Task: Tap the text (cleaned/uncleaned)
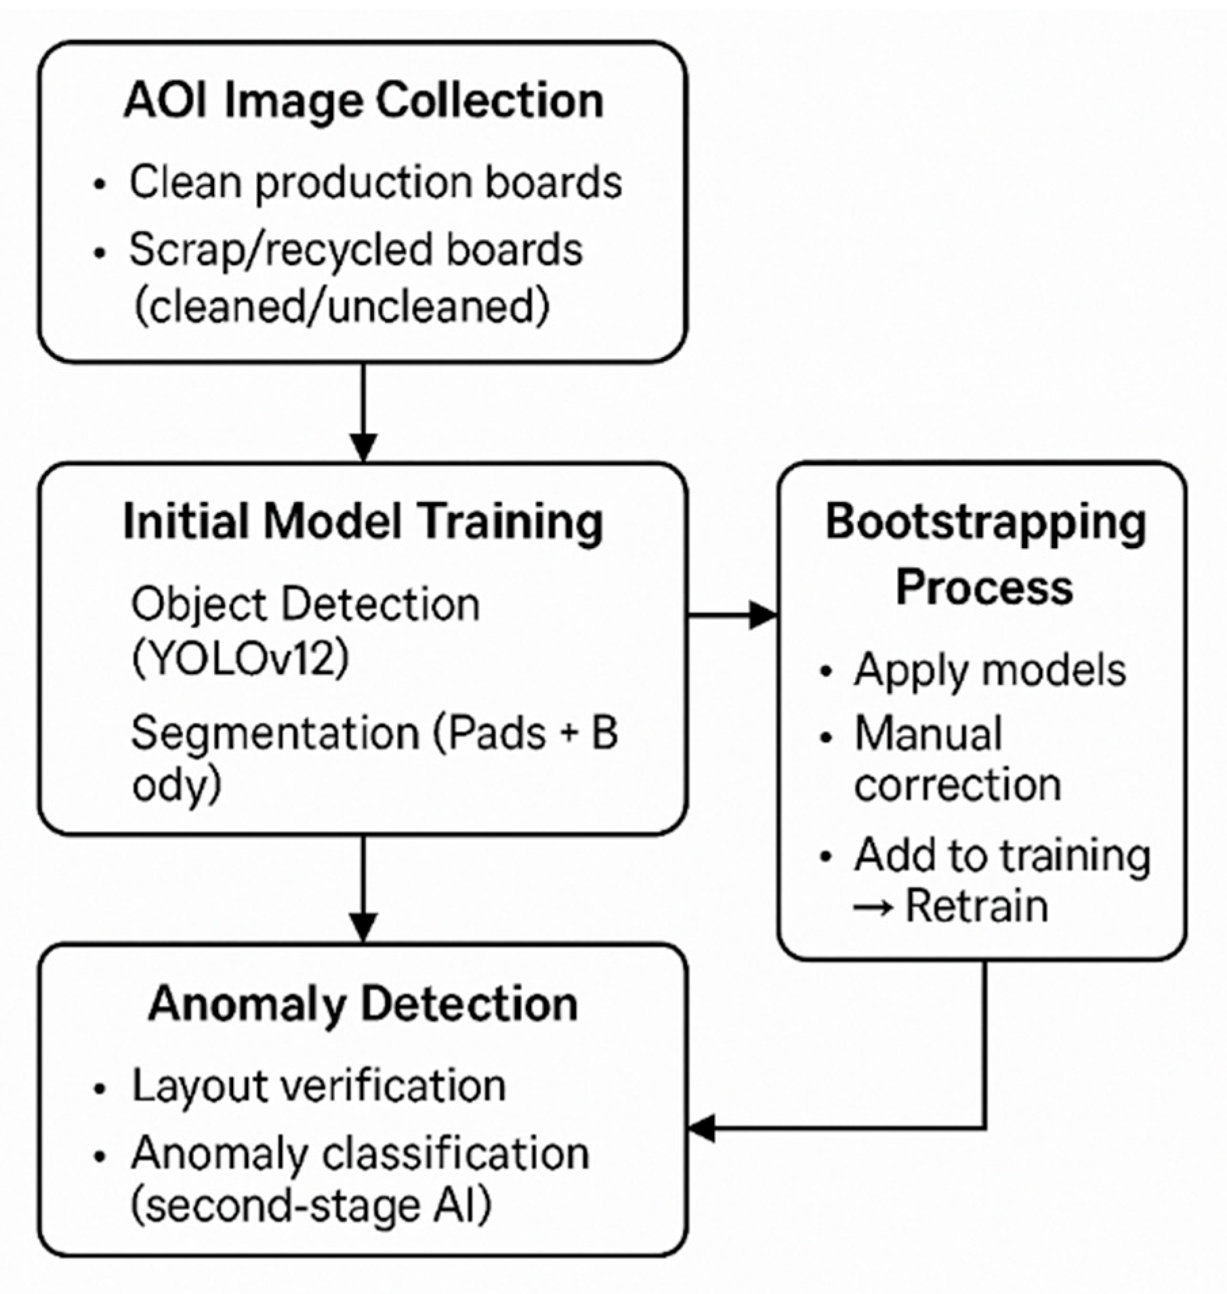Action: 341,306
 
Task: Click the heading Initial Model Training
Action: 363,522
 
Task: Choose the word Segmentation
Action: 275,733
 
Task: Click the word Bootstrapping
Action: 986,523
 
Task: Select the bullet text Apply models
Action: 989,670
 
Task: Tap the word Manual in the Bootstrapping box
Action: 928,734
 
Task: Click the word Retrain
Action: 977,906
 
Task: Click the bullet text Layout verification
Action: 318,1086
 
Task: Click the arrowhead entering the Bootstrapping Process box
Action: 764,615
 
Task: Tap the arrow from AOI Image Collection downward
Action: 364,413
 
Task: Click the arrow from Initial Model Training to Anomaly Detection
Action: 364,888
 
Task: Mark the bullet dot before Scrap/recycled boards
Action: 100,253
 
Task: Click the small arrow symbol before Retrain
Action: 873,907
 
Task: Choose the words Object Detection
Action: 305,604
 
